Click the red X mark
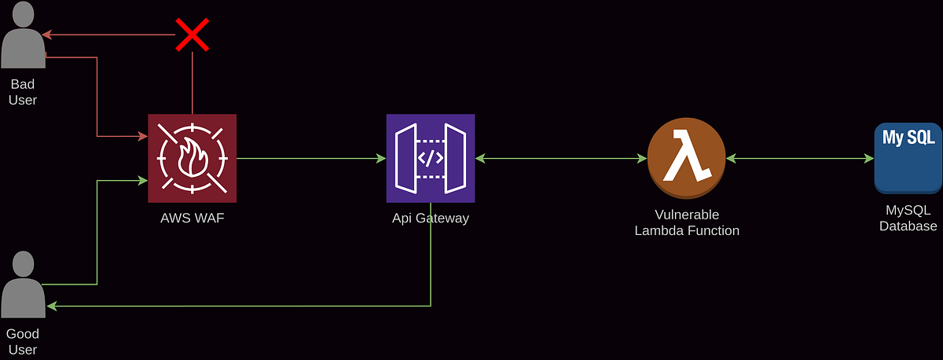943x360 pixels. click(191, 35)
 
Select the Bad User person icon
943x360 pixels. click(23, 37)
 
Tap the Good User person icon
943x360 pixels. click(23, 285)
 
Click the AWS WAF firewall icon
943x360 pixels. click(192, 158)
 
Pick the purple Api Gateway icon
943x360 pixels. click(430, 158)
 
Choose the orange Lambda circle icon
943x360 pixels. click(685, 158)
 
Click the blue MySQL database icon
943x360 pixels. click(908, 158)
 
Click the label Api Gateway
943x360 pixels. click(430, 219)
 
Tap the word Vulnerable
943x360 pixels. click(686, 215)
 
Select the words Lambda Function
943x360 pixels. click(686, 231)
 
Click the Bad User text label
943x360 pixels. click(23, 92)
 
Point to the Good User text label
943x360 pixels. click(23, 342)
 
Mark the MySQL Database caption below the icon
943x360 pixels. click(908, 219)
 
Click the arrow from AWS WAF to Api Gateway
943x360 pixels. click(311, 158)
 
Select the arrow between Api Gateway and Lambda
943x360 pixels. click(561, 158)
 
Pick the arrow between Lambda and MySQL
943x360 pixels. click(800, 158)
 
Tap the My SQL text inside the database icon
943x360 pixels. click(908, 138)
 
